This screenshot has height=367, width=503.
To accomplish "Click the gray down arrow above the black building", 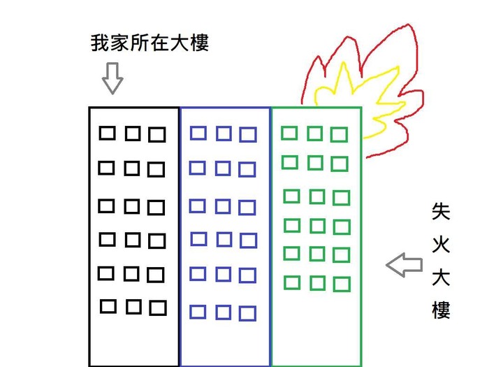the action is point(112,78).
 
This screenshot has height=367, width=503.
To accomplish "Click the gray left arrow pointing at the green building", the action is point(404,264).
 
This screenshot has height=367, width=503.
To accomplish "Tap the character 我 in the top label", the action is point(101,43).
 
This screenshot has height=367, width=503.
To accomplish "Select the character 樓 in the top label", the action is point(199,43).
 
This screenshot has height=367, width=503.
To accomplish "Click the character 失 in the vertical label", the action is point(441,211).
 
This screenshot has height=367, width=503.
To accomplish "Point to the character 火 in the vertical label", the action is point(441,245).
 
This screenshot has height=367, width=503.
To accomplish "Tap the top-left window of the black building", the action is point(107,133).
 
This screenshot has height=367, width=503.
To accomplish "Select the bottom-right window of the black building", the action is point(158,308).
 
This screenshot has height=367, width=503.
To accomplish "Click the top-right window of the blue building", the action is point(248,134).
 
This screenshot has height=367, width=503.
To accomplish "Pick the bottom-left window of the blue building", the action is point(198,312).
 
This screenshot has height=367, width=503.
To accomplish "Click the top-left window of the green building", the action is point(289,133).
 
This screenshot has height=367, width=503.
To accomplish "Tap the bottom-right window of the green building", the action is point(342,284).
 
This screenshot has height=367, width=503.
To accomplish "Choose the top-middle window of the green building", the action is point(314,134).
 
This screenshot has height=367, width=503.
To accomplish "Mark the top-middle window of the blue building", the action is point(224,134).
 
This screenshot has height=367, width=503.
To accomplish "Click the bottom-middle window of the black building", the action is point(133,307).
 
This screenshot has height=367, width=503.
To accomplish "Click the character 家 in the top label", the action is point(120,43).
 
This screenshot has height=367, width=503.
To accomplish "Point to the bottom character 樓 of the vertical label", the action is point(441,310).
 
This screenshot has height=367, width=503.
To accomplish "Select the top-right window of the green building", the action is point(339,134).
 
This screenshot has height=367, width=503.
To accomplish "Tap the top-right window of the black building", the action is point(157,134).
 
